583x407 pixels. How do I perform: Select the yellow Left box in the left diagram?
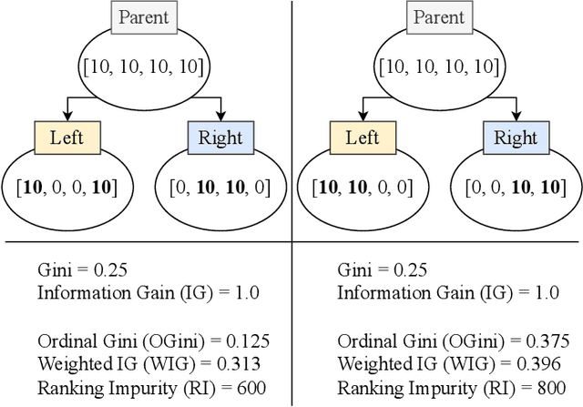(67, 138)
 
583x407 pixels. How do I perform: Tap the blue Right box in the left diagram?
(221, 138)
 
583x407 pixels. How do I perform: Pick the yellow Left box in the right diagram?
(363, 138)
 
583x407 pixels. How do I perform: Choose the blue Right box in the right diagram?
(516, 138)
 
